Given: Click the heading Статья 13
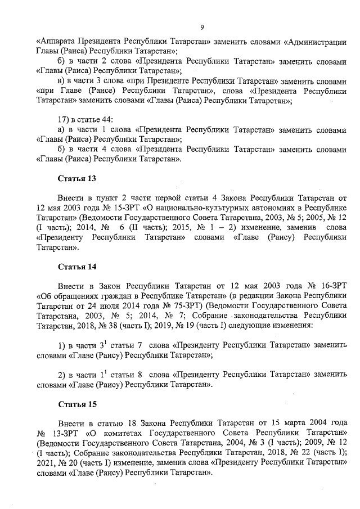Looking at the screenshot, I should (77, 179).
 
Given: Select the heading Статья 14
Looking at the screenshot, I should (77, 265).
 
